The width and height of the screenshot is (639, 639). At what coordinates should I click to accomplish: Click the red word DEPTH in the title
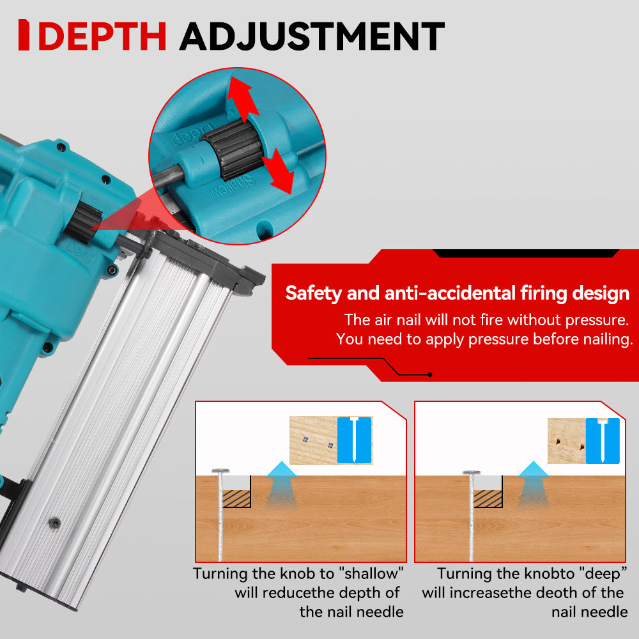pos(102,36)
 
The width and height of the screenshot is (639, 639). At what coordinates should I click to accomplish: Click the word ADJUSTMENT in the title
pos(312,36)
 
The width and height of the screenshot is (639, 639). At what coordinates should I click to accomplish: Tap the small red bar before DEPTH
pos(24,35)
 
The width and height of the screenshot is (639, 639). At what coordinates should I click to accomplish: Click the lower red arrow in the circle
pos(278,171)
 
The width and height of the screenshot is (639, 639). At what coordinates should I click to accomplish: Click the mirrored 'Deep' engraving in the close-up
pos(192,134)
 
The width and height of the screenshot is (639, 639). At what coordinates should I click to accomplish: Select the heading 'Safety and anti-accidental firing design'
pos(458,293)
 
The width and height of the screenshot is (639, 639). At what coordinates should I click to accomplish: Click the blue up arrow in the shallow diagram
pos(281,485)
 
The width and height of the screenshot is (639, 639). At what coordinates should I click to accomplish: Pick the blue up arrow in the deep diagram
pos(533,485)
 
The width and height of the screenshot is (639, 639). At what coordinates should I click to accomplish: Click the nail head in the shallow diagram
pos(220,471)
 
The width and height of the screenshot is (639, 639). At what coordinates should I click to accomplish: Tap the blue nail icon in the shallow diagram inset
pos(354,440)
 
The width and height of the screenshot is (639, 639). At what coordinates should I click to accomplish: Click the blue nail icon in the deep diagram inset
pos(603,440)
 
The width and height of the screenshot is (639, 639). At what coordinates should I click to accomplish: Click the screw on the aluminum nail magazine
pos(54,523)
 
